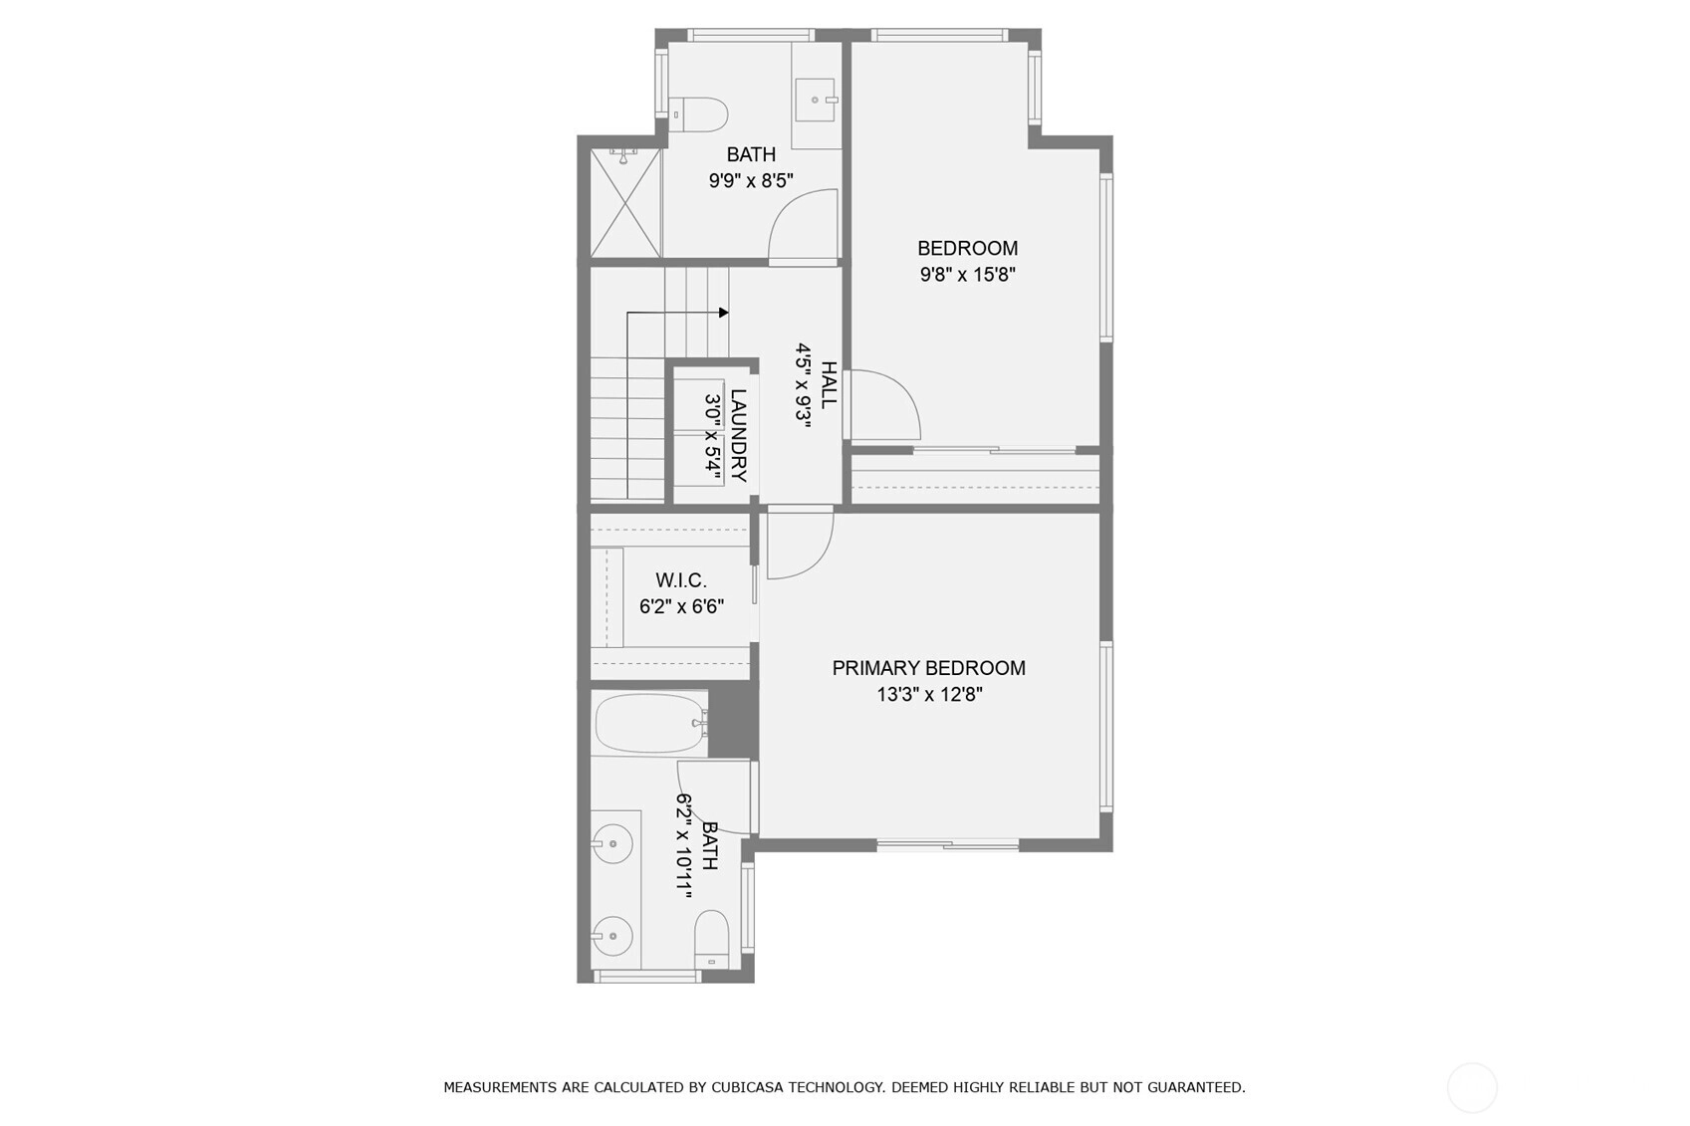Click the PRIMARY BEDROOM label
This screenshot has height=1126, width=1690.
(x=929, y=668)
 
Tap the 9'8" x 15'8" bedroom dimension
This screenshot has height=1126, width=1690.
(x=968, y=275)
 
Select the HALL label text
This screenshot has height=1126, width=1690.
(x=829, y=384)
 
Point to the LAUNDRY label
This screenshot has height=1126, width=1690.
(x=739, y=435)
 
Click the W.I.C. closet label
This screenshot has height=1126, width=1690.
(x=681, y=580)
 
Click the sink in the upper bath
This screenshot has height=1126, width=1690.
(x=817, y=100)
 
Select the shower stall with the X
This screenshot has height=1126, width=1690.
(x=625, y=203)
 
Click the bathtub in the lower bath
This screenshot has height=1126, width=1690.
(x=649, y=723)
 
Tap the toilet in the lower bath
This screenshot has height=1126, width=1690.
(x=711, y=940)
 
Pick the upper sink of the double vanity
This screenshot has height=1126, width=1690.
(x=611, y=844)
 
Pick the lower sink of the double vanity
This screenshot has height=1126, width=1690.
(x=611, y=936)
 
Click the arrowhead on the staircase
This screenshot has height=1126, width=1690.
(x=724, y=313)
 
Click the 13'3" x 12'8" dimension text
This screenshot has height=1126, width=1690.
(x=929, y=695)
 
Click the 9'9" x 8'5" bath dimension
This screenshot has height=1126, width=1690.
(x=751, y=181)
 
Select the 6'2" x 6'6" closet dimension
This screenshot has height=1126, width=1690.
(x=681, y=606)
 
